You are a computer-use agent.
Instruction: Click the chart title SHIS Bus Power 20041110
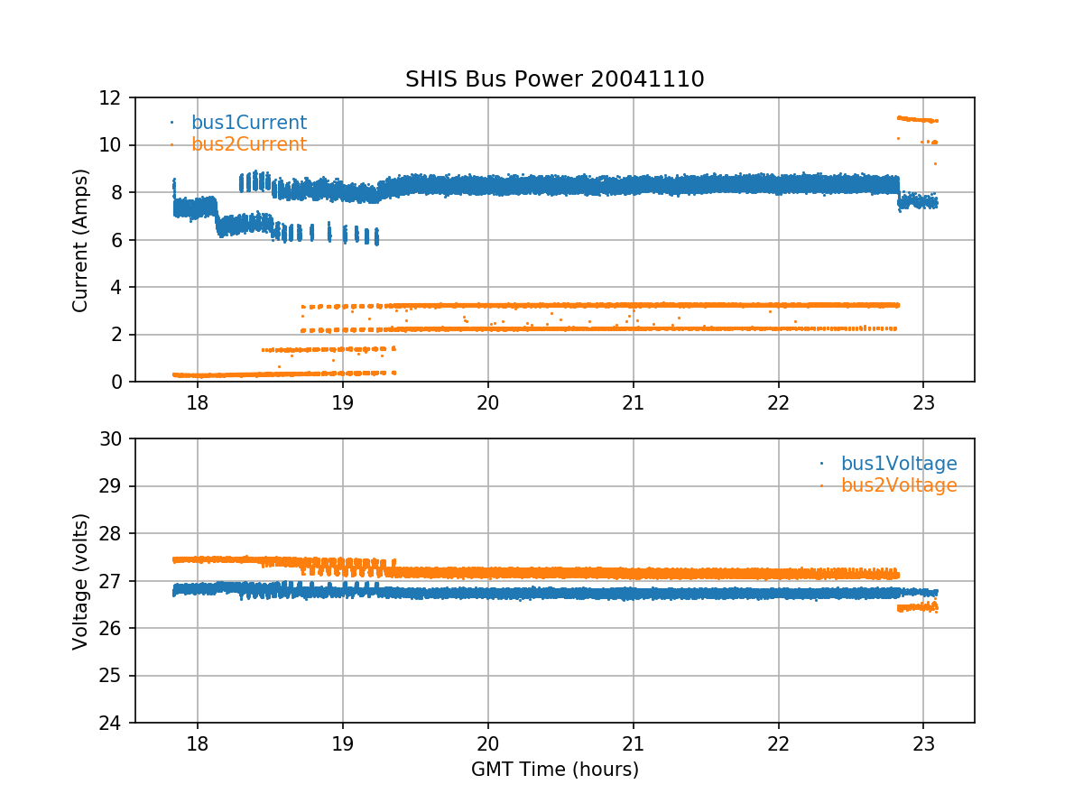554,79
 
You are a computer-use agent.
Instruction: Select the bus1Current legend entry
248,123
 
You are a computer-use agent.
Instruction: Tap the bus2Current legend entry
248,144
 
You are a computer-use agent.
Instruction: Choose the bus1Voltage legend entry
898,464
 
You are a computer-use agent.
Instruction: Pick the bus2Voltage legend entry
898,485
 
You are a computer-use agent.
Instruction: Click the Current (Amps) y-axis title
81,240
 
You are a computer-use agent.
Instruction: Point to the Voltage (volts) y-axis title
81,581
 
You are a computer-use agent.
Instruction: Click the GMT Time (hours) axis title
554,770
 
